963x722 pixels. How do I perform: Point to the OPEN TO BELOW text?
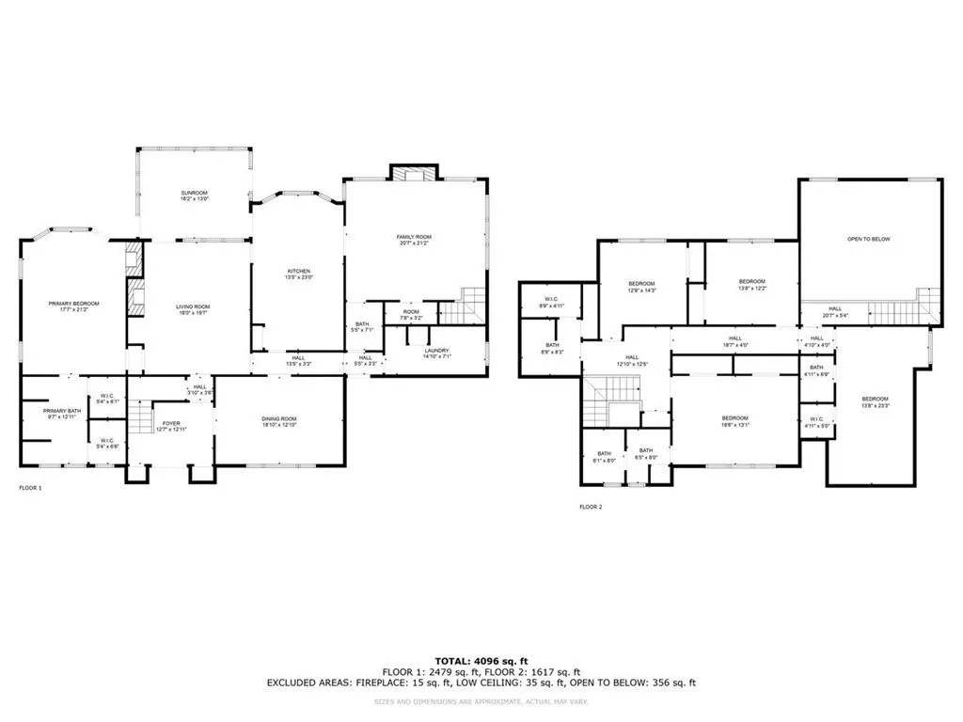[x=868, y=239]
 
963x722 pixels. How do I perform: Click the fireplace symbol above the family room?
[x=414, y=174]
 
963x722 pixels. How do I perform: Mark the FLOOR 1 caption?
[x=31, y=488]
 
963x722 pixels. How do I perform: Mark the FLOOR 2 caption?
[x=591, y=506]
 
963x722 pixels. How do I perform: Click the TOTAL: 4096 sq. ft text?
[x=481, y=660]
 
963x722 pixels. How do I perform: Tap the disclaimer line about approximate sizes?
[x=481, y=701]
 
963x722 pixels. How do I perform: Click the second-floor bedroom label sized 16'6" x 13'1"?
[x=734, y=421]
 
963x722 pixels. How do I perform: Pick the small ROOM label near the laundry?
[x=412, y=312]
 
